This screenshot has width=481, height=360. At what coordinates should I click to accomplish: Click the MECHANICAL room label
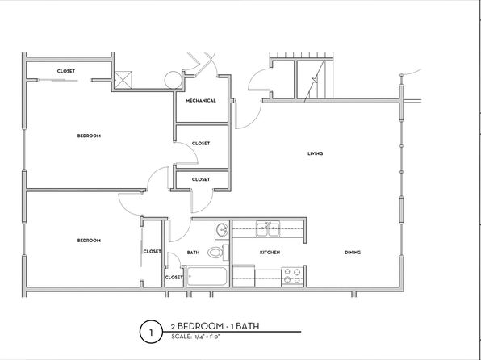pyautogui.click(x=201, y=101)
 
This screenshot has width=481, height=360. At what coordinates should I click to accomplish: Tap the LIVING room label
pyautogui.click(x=315, y=153)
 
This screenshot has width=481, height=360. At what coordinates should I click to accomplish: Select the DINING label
pyautogui.click(x=353, y=253)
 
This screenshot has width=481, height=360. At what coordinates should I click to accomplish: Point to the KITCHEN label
pyautogui.click(x=270, y=253)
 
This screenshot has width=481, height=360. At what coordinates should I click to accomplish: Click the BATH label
pyautogui.click(x=193, y=253)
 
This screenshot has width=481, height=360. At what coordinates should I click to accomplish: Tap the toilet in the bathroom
pyautogui.click(x=218, y=253)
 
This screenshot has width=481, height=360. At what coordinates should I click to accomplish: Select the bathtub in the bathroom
pyautogui.click(x=207, y=277)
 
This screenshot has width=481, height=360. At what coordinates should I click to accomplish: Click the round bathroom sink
pyautogui.click(x=222, y=230)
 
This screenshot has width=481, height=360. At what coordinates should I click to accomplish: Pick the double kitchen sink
pyautogui.click(x=268, y=229)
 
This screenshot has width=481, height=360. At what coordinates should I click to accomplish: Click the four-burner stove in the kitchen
pyautogui.click(x=292, y=276)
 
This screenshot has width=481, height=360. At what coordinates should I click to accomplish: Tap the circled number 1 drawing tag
pyautogui.click(x=151, y=332)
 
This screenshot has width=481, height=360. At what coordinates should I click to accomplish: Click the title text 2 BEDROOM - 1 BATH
pyautogui.click(x=215, y=326)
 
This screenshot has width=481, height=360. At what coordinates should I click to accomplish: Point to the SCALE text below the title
pyautogui.click(x=196, y=337)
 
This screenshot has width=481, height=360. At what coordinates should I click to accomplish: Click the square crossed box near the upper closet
pyautogui.click(x=123, y=80)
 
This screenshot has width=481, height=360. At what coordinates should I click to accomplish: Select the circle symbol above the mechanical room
pyautogui.click(x=173, y=80)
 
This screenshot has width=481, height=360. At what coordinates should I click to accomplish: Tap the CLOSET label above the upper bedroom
pyautogui.click(x=66, y=71)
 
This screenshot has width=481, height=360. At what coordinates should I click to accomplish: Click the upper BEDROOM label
pyautogui.click(x=89, y=136)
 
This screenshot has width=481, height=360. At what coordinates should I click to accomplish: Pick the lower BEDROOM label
pyautogui.click(x=89, y=241)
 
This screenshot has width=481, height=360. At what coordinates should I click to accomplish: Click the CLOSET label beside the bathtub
pyautogui.click(x=174, y=278)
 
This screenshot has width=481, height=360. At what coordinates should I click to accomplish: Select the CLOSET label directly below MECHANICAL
pyautogui.click(x=201, y=144)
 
